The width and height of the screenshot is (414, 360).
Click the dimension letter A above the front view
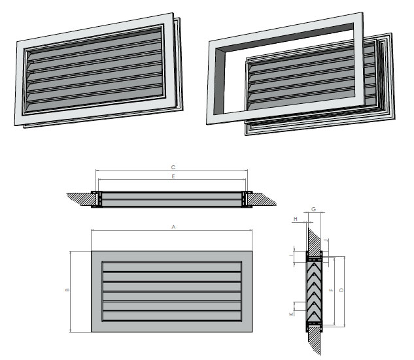173,226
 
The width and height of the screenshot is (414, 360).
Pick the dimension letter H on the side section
296,218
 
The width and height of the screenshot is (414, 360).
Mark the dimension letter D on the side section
342,290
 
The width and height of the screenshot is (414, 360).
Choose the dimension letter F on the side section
332,290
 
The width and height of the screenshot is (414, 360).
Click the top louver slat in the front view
172,268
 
